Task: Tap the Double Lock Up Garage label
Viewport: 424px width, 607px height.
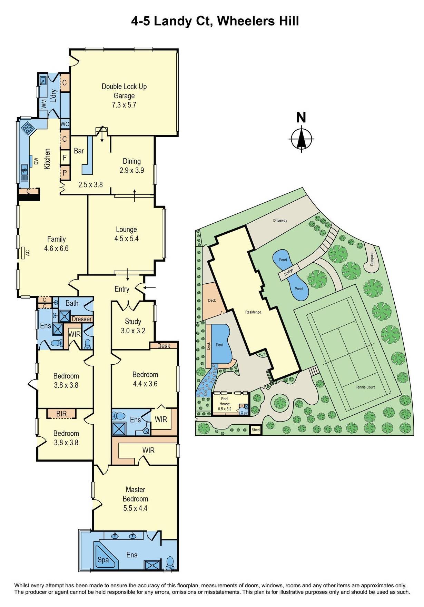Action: tap(124, 91)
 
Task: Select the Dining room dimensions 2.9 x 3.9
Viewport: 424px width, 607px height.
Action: tap(132, 170)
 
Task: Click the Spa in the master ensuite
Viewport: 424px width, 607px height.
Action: tap(103, 560)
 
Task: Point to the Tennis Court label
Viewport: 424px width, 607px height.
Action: tap(365, 387)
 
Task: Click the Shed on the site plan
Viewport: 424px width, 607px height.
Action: tap(255, 430)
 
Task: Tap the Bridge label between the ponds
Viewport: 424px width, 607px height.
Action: tap(288, 272)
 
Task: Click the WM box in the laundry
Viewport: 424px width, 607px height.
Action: tap(44, 103)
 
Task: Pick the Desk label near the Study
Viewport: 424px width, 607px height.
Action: tap(164, 346)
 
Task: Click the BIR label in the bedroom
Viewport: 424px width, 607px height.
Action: tap(61, 414)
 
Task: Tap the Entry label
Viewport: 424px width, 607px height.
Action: tap(122, 289)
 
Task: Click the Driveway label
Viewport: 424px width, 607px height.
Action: tap(280, 221)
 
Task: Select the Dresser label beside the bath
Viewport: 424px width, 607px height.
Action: tap(81, 319)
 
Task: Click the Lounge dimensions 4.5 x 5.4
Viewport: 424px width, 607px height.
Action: tap(126, 239)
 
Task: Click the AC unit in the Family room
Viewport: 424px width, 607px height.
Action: tap(23, 253)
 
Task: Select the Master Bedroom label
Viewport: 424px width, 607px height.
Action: tap(135, 494)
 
